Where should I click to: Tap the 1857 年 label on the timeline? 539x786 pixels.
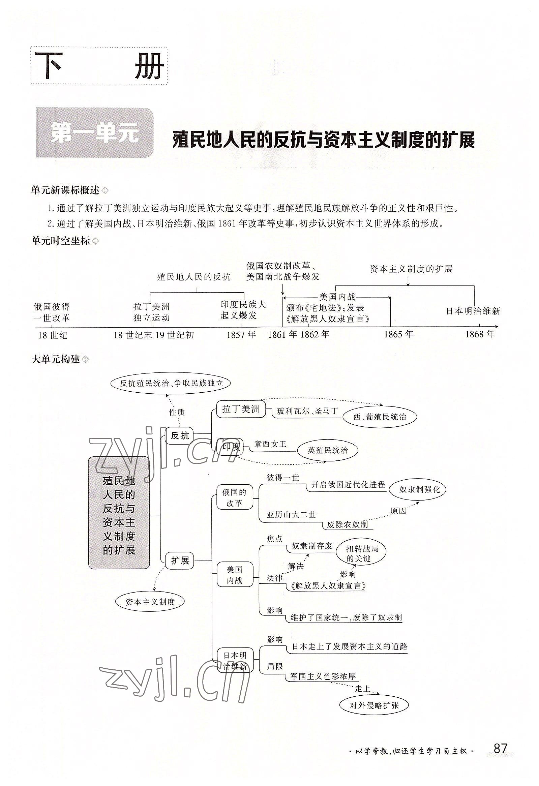tap(241, 335)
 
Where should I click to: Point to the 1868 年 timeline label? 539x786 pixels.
tap(480, 334)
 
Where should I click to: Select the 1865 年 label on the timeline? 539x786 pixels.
tap(399, 334)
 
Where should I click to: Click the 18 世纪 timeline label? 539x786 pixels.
tap(52, 335)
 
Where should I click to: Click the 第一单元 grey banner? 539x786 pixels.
tap(95, 133)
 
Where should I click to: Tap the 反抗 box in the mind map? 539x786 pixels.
tap(180, 435)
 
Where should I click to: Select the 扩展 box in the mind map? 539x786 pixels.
tap(180, 561)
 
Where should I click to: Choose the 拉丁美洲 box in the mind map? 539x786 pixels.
tap(241, 409)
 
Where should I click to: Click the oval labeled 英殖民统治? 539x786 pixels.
tap(327, 450)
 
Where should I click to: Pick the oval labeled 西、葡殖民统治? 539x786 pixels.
tap(380, 417)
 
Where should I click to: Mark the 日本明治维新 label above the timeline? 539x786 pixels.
tap(473, 311)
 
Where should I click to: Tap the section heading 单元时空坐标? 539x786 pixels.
tap(61, 241)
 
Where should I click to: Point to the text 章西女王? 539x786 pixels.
tap(270, 444)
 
